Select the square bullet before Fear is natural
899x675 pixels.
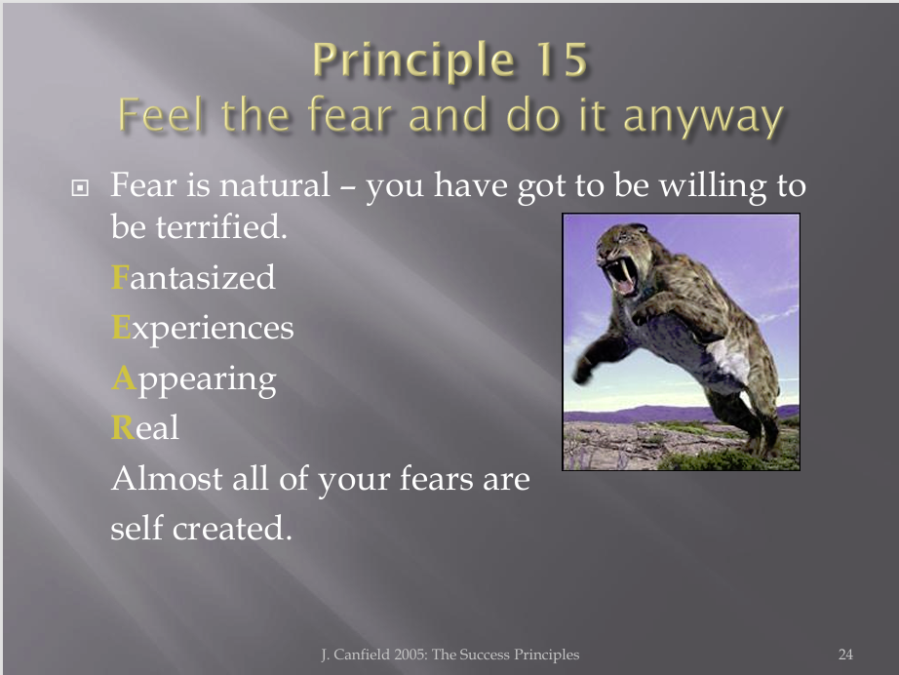tap(80, 187)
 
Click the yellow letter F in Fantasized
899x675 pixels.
tap(120, 278)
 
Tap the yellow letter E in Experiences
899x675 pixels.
tap(121, 328)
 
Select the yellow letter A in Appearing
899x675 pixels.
tap(124, 377)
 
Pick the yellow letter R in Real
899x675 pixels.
tap(122, 428)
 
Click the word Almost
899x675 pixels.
tap(167, 478)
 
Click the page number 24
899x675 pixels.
tap(845, 655)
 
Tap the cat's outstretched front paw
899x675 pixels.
tap(583, 371)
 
